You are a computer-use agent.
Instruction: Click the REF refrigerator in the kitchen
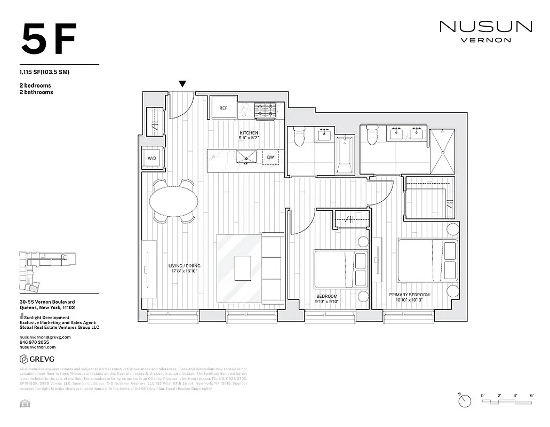click(x=223, y=108)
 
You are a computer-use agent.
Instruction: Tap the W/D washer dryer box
click(x=152, y=159)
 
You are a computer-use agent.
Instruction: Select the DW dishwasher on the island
click(x=270, y=157)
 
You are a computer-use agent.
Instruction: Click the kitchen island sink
click(x=246, y=157)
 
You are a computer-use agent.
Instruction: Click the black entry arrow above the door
click(x=182, y=84)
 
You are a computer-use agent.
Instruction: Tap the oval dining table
click(x=173, y=201)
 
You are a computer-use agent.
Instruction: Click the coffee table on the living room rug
click(x=243, y=267)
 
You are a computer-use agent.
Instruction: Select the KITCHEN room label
click(x=249, y=133)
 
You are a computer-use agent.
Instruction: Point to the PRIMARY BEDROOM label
click(x=409, y=295)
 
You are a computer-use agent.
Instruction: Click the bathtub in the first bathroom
click(x=345, y=155)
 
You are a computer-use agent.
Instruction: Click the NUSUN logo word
click(x=485, y=27)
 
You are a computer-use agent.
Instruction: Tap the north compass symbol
click(x=466, y=400)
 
